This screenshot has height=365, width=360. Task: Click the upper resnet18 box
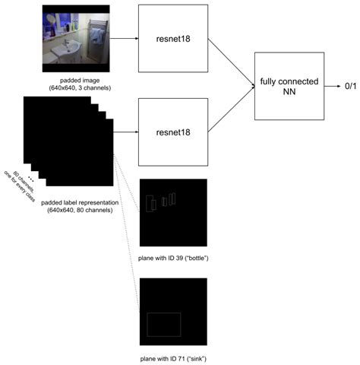tap(173, 37)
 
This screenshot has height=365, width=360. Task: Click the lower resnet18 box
tap(173, 132)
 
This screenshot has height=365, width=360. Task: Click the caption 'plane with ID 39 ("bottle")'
tap(174, 259)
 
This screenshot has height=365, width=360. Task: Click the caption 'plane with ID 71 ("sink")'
tap(174, 357)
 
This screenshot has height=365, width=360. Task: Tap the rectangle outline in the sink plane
tap(163, 324)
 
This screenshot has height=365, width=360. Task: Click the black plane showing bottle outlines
tap(174, 212)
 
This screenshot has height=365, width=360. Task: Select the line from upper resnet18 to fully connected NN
tap(231, 60)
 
